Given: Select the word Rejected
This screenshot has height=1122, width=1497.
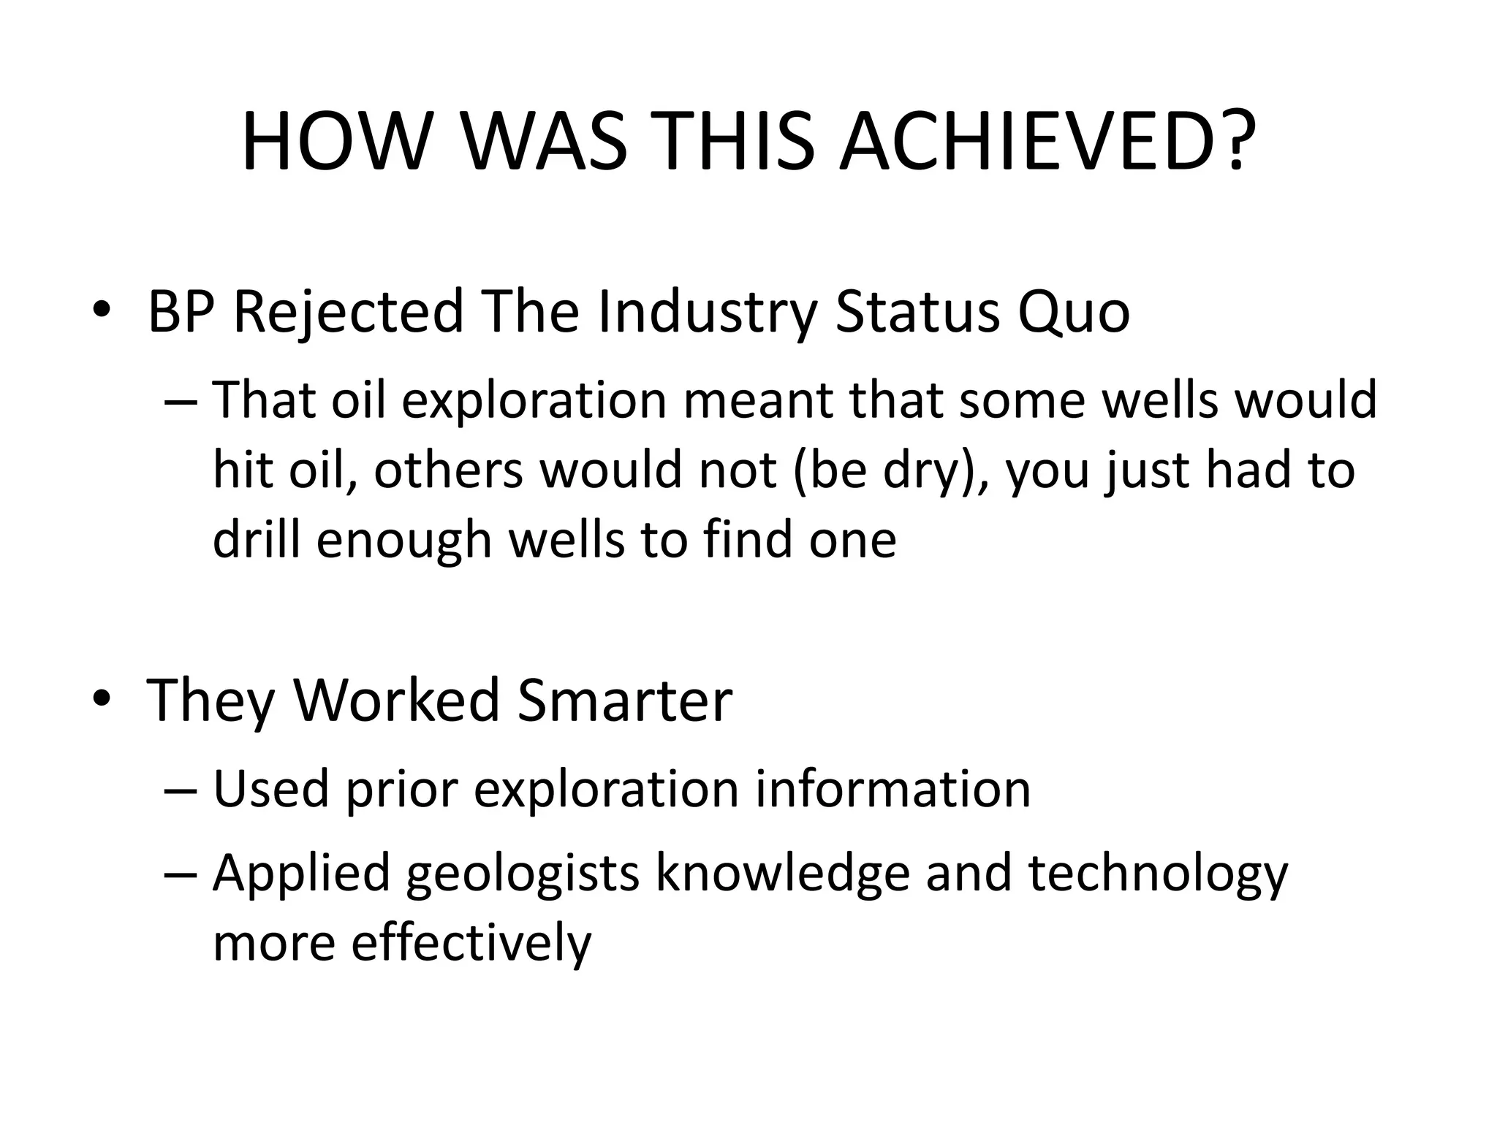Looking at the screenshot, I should point(349,313).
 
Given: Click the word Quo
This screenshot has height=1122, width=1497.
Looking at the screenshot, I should point(1072,313).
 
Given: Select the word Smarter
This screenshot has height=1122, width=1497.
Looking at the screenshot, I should point(624,701).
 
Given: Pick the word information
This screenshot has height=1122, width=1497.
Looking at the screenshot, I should point(892,790).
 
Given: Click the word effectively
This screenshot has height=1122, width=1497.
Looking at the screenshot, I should point(471,943).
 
